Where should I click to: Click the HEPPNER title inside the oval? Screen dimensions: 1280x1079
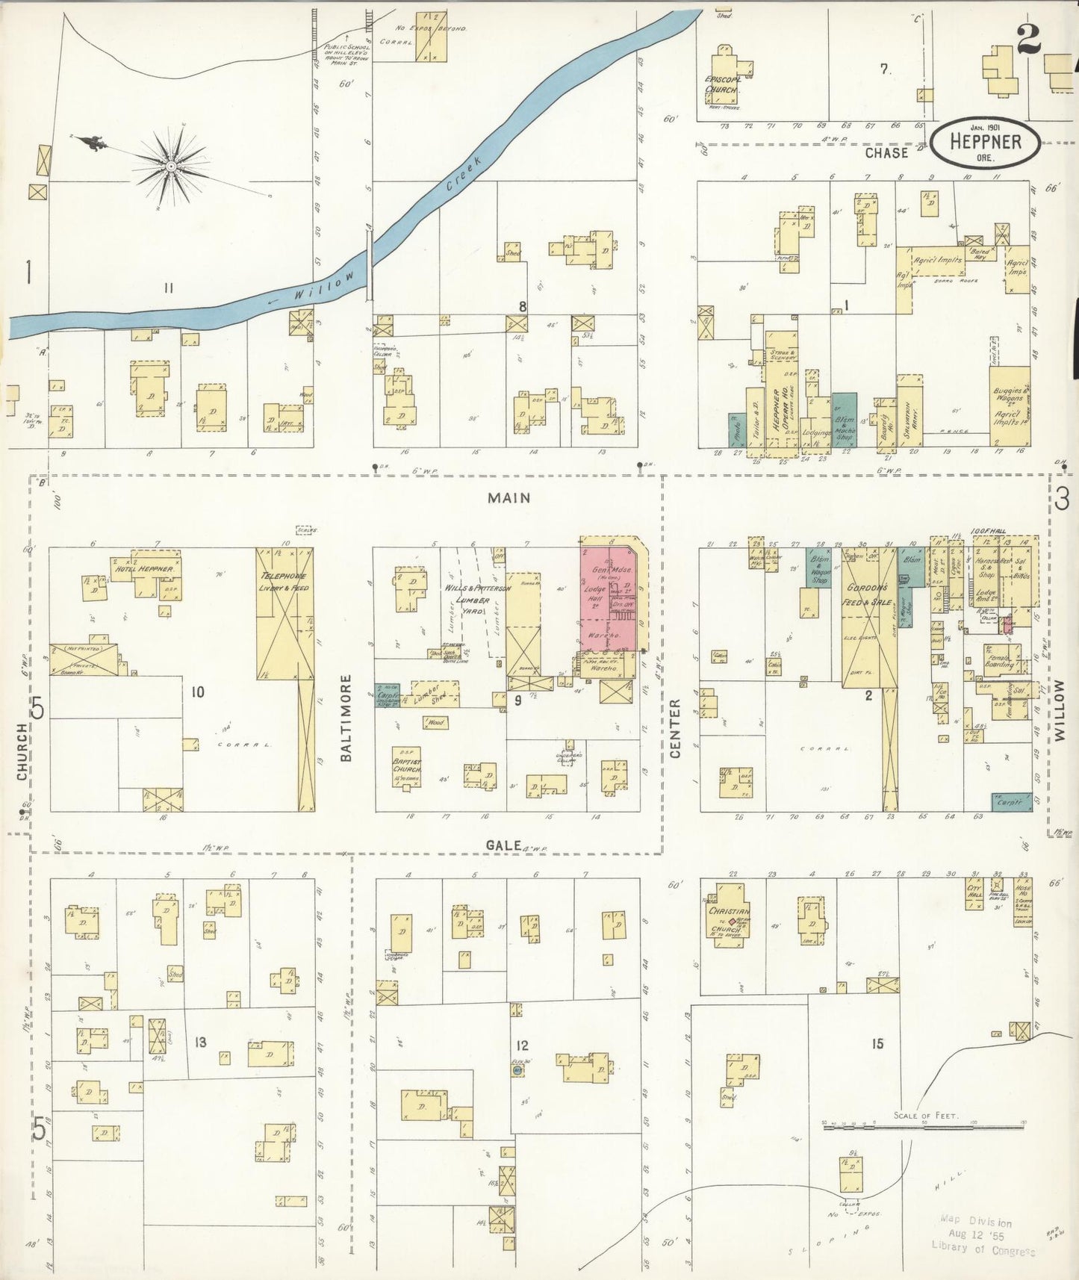(x=986, y=142)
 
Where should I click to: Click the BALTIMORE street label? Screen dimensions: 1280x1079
(x=346, y=718)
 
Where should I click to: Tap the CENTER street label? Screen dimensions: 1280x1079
(x=675, y=728)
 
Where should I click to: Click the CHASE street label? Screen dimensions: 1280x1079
(x=886, y=153)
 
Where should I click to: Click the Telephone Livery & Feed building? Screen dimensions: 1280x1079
(x=284, y=612)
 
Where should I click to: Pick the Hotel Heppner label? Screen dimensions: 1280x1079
(x=144, y=569)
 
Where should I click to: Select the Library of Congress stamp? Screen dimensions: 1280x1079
(x=982, y=1236)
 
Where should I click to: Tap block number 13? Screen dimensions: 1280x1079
(x=200, y=1043)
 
